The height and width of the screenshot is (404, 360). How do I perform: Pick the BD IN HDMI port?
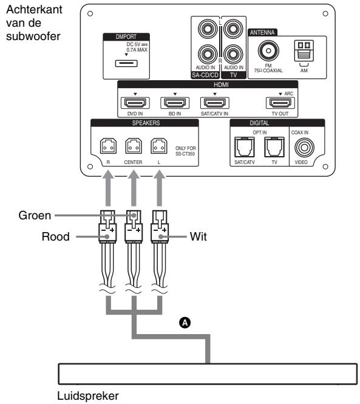(x=172, y=103)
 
